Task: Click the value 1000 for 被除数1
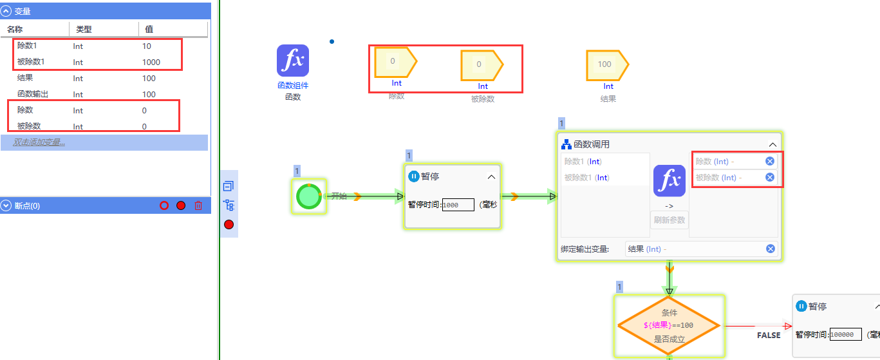[x=151, y=62]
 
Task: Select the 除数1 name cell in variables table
[x=28, y=46]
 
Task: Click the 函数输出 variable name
[x=32, y=94]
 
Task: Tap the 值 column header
[x=149, y=29]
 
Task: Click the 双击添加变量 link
[x=39, y=142]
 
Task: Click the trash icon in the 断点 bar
[x=198, y=205]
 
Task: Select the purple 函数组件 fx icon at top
[x=293, y=61]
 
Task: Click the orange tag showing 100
[x=606, y=64]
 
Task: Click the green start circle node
[x=309, y=196]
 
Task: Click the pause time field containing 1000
[x=458, y=205]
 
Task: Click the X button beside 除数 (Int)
[x=770, y=161]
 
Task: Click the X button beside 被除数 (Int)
[x=770, y=177]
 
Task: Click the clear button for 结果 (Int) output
[x=770, y=249]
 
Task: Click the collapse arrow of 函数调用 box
[x=773, y=145]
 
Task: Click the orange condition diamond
[x=669, y=326]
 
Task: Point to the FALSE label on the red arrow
[x=769, y=336]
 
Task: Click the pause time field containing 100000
[x=845, y=335]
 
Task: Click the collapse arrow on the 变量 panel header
[x=7, y=11]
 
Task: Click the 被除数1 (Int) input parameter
[x=586, y=178]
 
